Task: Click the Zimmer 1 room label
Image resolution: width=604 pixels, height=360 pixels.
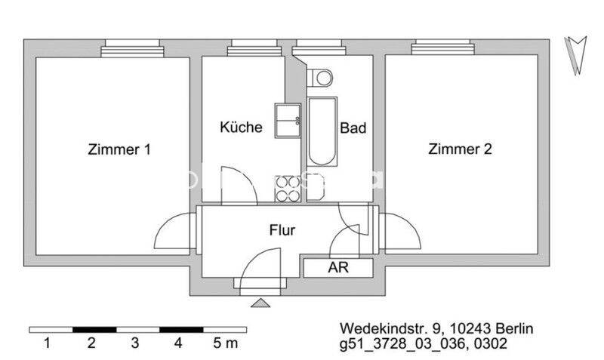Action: (119, 149)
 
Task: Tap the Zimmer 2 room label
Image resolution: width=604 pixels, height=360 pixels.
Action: (460, 149)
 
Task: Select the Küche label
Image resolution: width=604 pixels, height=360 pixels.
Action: (241, 127)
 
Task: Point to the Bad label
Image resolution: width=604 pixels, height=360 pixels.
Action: (353, 128)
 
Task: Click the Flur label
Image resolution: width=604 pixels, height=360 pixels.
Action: (282, 230)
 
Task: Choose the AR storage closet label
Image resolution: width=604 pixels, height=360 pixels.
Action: (337, 267)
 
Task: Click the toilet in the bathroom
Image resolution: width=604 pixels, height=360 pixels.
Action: (322, 76)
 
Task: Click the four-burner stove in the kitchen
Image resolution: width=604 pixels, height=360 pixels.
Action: (288, 188)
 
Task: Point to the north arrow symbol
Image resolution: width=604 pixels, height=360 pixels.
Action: (578, 55)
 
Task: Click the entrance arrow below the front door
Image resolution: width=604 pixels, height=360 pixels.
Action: (260, 303)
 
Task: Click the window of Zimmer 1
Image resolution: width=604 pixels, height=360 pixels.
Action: (134, 47)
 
